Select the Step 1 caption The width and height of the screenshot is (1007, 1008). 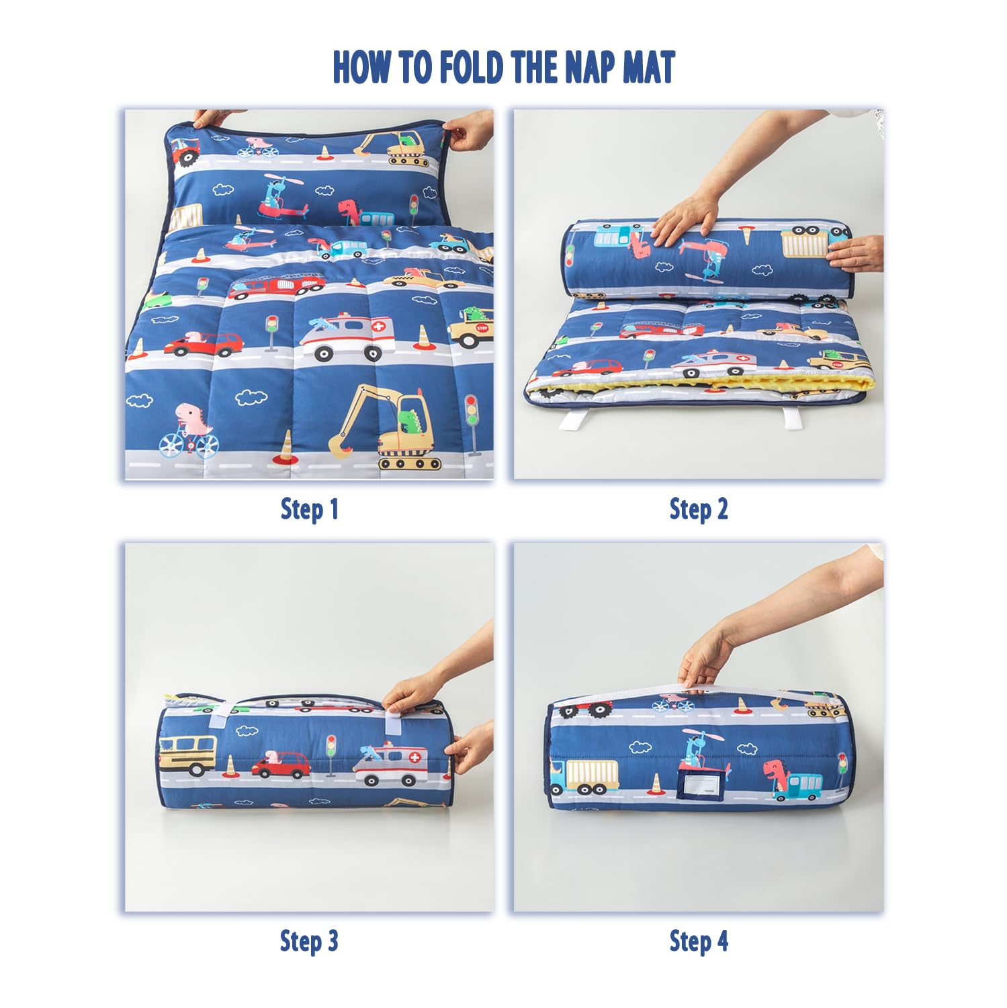pos(309,509)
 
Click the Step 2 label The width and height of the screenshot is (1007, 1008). pos(698,509)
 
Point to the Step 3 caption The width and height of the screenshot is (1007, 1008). pos(309,941)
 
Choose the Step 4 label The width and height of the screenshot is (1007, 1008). pos(698,941)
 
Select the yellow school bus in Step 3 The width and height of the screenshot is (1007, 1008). pos(188,753)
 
